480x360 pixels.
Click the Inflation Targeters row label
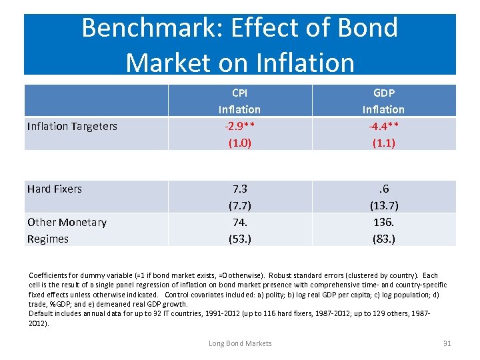72,126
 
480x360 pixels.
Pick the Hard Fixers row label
55,189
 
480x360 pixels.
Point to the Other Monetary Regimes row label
67,230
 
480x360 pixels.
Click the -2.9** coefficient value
239,125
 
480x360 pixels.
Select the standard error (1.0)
239,142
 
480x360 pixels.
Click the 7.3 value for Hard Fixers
239,189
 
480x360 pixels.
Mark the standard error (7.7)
239,205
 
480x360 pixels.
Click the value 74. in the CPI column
239,222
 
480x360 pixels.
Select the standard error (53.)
239,239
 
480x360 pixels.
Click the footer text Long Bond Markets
240,343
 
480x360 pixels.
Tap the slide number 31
447,343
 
